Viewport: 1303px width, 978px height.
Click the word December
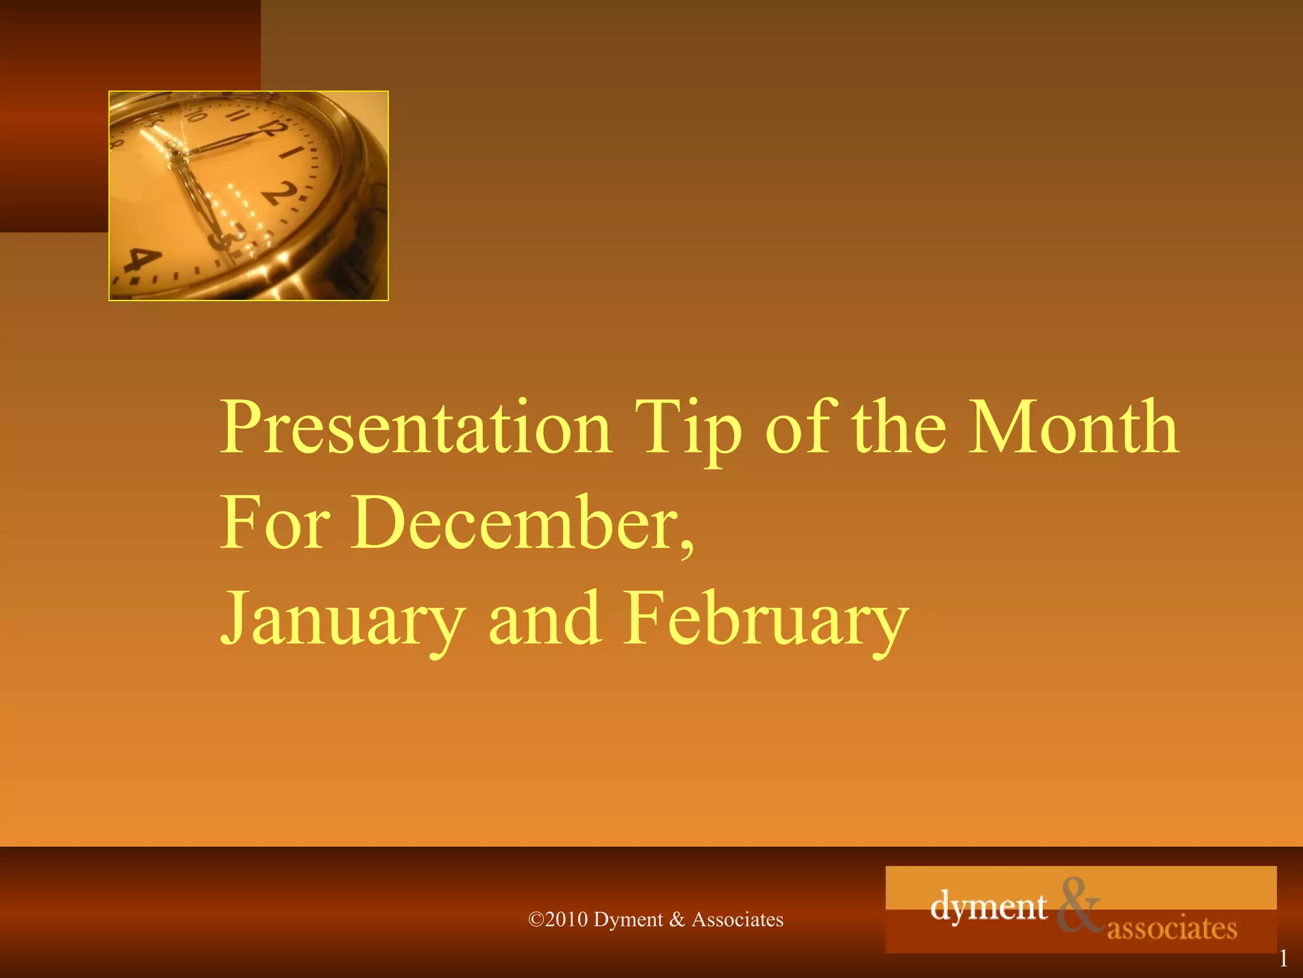[522, 523]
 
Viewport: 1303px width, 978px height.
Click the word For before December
[275, 523]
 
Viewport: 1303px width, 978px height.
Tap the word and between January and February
[545, 619]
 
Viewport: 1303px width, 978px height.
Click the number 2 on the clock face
[281, 193]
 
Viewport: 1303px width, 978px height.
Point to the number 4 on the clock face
[142, 261]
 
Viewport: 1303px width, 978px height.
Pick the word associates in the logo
[1172, 928]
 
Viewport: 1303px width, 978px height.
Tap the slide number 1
[1283, 958]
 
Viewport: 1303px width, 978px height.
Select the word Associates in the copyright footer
[737, 919]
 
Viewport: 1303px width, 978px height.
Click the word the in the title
[900, 428]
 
